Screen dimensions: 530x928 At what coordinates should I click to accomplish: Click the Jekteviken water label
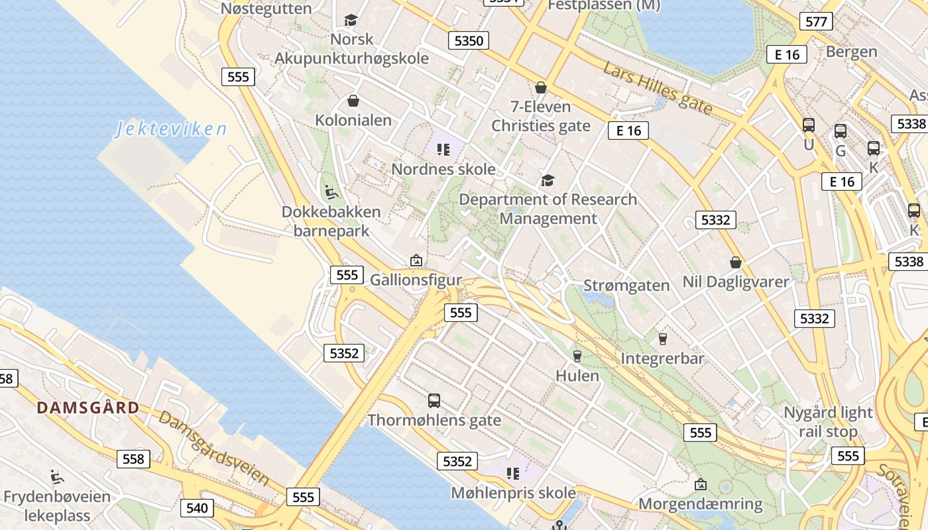pos(171,129)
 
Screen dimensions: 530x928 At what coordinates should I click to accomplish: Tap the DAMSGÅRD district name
pos(88,407)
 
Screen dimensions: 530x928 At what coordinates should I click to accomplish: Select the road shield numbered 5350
pos(469,40)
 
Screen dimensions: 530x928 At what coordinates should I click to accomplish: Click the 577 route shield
pos(816,21)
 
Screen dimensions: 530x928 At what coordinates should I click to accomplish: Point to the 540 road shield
pos(197,508)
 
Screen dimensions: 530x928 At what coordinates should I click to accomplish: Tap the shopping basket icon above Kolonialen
pos(353,101)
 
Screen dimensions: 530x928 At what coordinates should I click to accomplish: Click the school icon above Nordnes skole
pos(443,150)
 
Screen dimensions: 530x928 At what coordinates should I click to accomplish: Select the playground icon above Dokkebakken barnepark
pos(331,192)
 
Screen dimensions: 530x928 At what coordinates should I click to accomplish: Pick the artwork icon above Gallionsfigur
pos(416,260)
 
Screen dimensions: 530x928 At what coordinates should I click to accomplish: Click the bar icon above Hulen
pos(577,356)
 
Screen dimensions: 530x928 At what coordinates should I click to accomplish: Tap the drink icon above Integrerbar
pos(662,339)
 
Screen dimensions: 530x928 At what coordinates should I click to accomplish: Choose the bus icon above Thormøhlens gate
pos(434,400)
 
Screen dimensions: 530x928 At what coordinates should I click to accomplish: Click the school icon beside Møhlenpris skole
pos(512,473)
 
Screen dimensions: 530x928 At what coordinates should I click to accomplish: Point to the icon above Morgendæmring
pos(700,484)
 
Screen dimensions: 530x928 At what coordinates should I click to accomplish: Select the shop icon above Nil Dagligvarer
pos(735,262)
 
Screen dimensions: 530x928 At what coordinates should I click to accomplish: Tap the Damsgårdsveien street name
pos(213,449)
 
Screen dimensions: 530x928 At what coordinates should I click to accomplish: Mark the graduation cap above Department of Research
pos(548,180)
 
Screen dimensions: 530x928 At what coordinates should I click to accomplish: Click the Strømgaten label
pos(626,286)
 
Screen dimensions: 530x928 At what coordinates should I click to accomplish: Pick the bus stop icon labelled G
pos(841,131)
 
